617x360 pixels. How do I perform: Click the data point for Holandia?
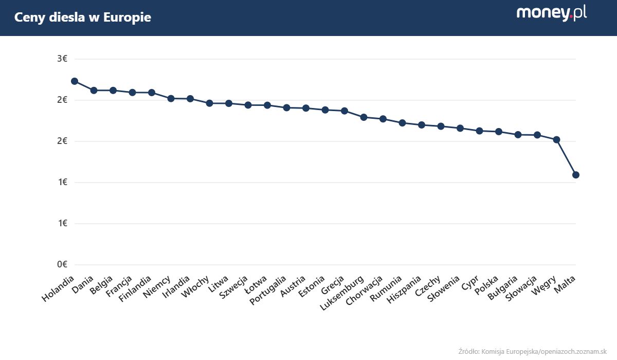tap(75, 81)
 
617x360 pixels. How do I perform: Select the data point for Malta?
tap(576, 175)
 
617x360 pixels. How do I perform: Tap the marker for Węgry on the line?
tap(556, 139)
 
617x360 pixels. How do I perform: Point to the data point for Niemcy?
tap(171, 98)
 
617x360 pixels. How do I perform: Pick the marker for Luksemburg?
tap(364, 117)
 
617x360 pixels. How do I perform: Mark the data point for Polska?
tap(499, 132)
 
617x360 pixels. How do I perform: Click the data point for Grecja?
tap(344, 111)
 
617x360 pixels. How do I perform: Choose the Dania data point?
tap(94, 91)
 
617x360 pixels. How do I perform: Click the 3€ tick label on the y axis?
tap(62, 59)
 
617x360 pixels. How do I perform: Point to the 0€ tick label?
tap(62, 264)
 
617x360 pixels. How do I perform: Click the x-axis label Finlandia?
tap(136, 290)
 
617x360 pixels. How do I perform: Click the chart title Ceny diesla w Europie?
tap(82, 17)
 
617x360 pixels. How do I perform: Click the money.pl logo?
tap(551, 13)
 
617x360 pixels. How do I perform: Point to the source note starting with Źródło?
tap(532, 351)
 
